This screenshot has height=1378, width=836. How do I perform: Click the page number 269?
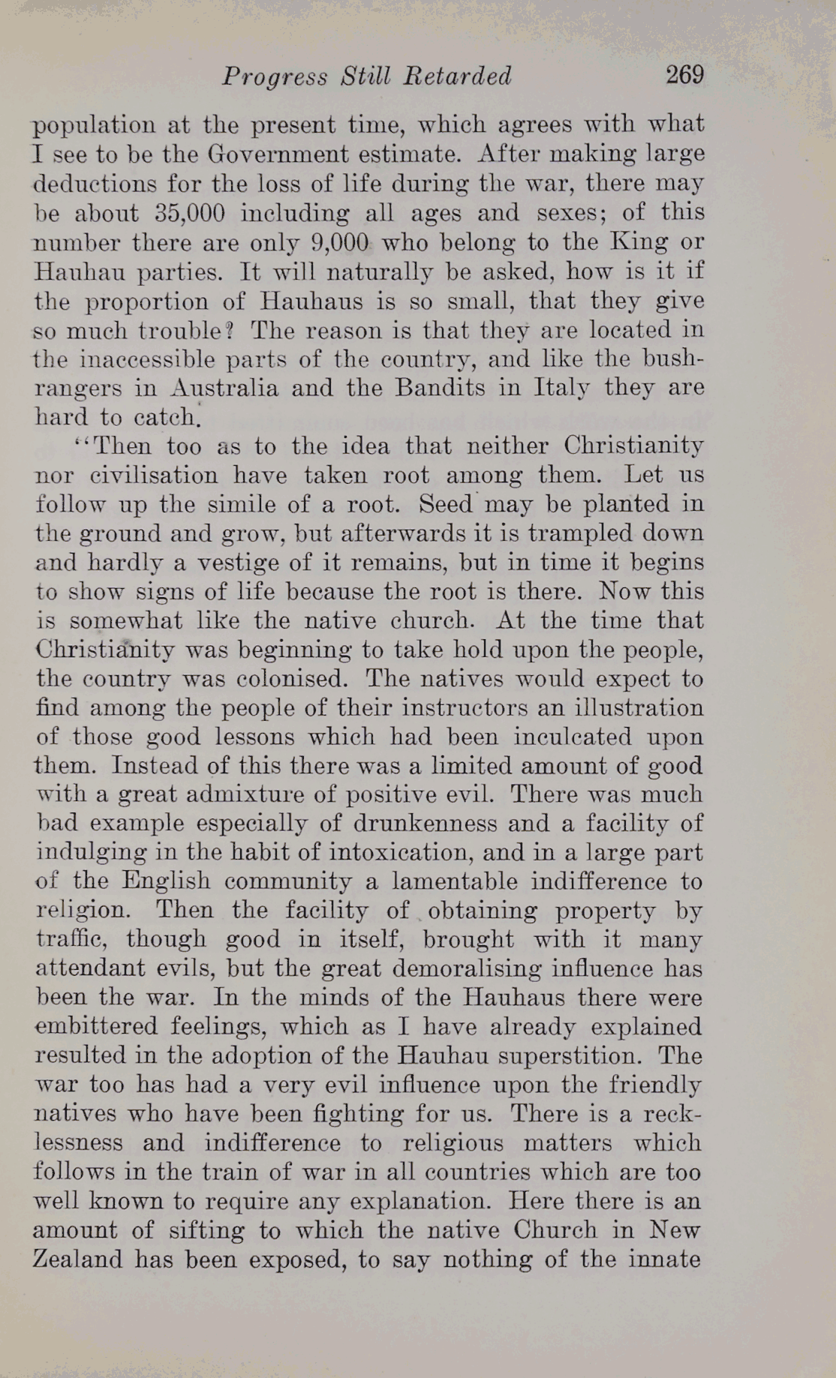point(684,75)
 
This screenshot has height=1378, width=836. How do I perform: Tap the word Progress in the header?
point(275,77)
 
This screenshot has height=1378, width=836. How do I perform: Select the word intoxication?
point(396,853)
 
